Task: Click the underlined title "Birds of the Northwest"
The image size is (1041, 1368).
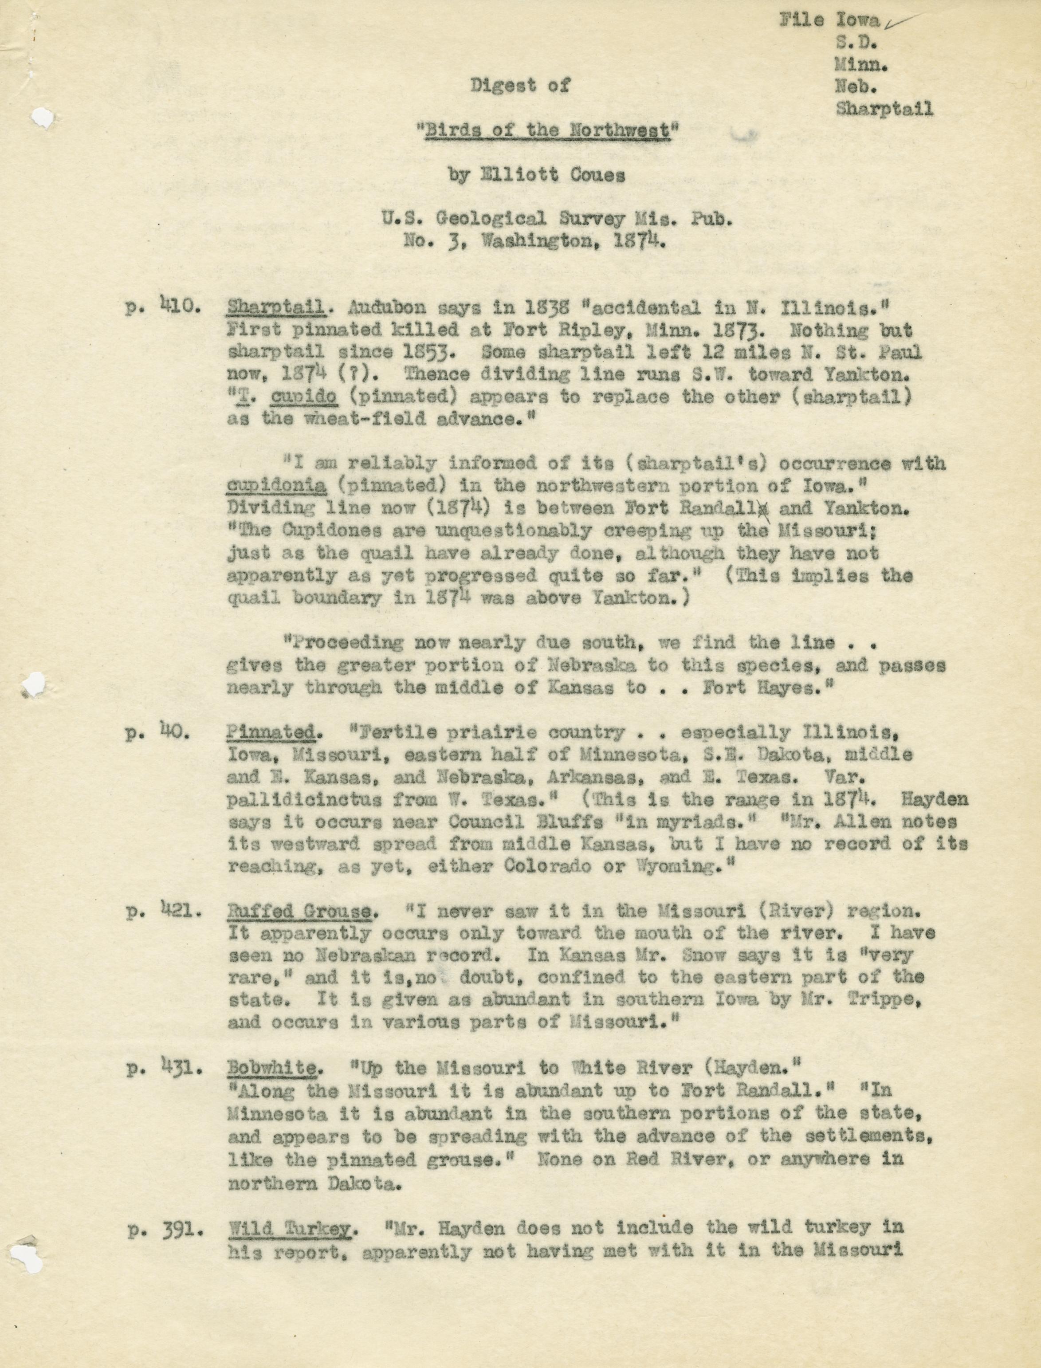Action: [x=547, y=131]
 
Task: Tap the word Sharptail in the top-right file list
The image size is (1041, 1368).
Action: [x=884, y=109]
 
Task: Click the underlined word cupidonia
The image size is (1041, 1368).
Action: [x=276, y=486]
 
